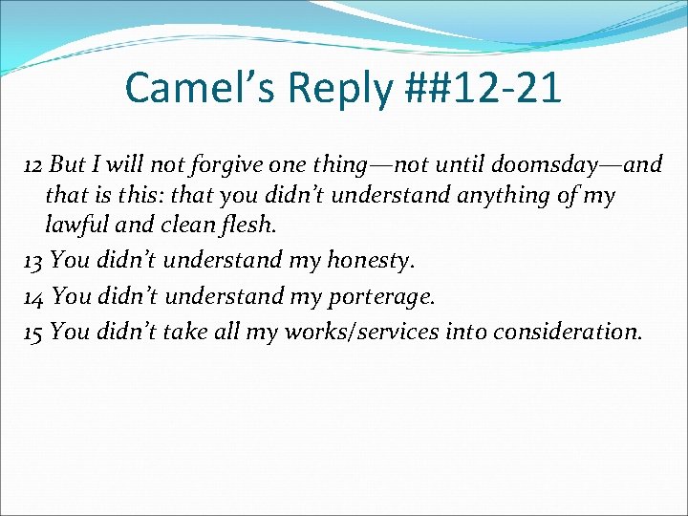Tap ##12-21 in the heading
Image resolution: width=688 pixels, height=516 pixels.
tap(484, 88)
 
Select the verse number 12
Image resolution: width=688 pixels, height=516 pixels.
tap(34, 164)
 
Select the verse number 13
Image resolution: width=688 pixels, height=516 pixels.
tap(34, 260)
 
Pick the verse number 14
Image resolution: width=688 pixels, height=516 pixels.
tap(34, 296)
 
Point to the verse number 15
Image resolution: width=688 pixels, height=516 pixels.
tap(34, 333)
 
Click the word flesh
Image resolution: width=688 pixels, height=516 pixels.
tap(252, 227)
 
